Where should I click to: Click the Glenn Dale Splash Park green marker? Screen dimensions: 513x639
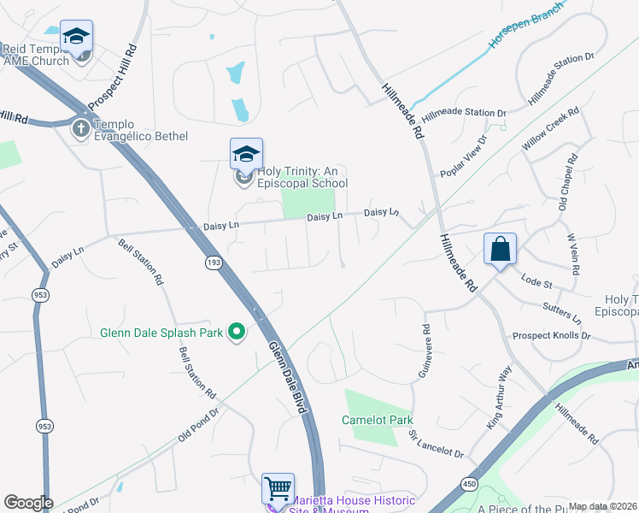237,333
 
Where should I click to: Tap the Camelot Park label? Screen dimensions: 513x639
378,420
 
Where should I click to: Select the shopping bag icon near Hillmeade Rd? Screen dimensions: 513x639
501,249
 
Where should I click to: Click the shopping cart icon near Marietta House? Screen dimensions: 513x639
278,490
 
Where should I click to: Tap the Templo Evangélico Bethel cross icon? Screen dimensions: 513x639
81,129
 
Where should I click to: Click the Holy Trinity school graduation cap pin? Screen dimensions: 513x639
246,155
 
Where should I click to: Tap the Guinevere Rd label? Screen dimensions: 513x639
425,352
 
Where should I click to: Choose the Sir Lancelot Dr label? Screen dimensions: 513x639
436,445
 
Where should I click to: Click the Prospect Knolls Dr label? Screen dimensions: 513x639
551,336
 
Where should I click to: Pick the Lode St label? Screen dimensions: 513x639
537,280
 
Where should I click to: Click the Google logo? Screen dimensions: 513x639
28,503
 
